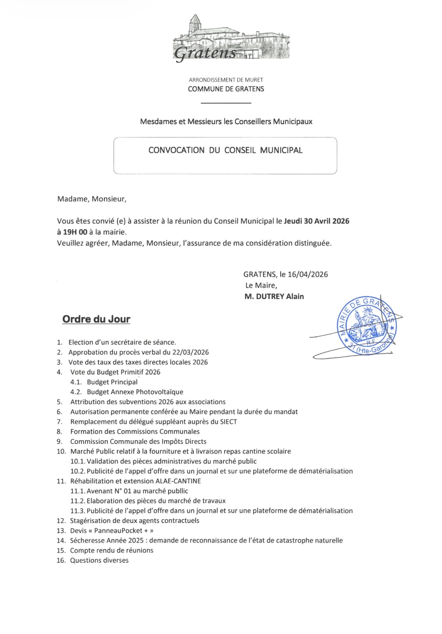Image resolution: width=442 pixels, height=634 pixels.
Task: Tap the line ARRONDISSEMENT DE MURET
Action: coord(226,79)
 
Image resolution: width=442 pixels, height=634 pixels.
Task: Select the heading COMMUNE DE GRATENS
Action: coord(226,89)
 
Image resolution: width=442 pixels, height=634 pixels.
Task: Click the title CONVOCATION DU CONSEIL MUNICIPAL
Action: coord(225,150)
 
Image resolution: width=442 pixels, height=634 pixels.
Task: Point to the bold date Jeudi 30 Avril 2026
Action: coord(317,221)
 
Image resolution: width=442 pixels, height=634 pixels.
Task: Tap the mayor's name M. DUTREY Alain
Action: coord(274,296)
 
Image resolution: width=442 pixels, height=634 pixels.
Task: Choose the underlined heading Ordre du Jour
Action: coord(96,319)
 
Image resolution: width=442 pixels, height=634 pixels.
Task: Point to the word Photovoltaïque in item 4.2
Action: coord(160,392)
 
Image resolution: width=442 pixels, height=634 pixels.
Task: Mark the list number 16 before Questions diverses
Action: coord(61,560)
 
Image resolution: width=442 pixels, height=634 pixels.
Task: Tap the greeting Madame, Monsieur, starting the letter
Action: coord(92,199)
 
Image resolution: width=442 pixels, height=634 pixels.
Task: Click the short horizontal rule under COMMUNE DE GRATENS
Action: coord(226,103)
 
